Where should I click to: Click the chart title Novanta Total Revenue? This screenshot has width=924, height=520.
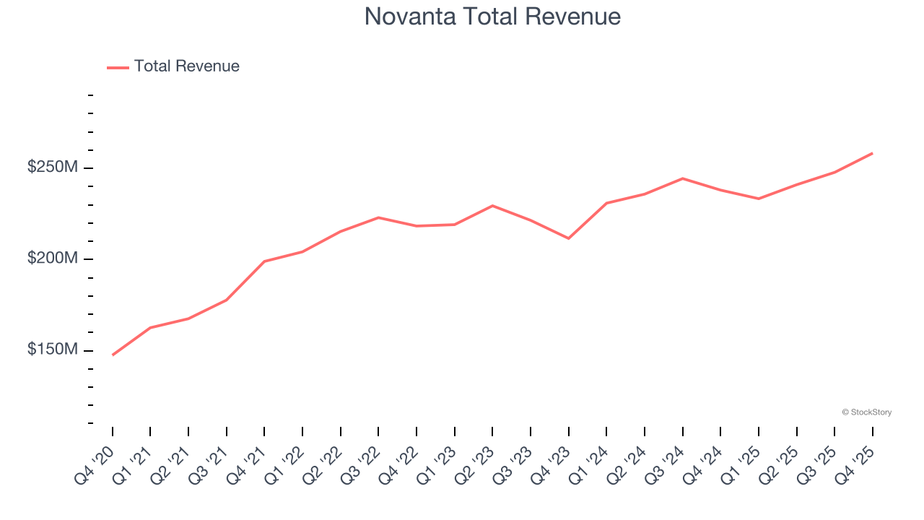pyautogui.click(x=492, y=16)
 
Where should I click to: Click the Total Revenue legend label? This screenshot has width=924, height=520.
pyautogui.click(x=186, y=66)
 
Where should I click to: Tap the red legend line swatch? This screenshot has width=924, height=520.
pyautogui.click(x=118, y=67)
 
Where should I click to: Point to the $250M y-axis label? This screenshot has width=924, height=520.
pyautogui.click(x=52, y=168)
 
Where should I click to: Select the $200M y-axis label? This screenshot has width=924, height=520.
pyautogui.click(x=52, y=259)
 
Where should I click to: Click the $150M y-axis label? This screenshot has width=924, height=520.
pyautogui.click(x=52, y=350)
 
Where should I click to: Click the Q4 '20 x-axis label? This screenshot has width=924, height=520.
pyautogui.click(x=94, y=464)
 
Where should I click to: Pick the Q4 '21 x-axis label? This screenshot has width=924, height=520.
pyautogui.click(x=246, y=464)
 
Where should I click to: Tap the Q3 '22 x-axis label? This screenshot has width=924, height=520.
pyautogui.click(x=360, y=464)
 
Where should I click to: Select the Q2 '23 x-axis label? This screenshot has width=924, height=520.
pyautogui.click(x=474, y=464)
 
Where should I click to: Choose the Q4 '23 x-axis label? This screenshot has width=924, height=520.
pyautogui.click(x=550, y=464)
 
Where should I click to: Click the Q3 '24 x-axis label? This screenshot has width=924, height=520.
pyautogui.click(x=664, y=464)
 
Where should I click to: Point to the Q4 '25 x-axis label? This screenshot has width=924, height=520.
pyautogui.click(x=854, y=464)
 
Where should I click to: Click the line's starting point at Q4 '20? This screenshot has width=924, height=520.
pyautogui.click(x=113, y=355)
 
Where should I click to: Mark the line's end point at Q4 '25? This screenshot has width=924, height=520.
pyautogui.click(x=872, y=153)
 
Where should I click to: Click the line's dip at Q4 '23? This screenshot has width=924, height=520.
pyautogui.click(x=569, y=238)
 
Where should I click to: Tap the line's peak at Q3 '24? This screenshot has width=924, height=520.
pyautogui.click(x=683, y=178)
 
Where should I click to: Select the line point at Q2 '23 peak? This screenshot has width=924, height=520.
pyautogui.click(x=492, y=206)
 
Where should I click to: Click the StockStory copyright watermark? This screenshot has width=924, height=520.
pyautogui.click(x=866, y=412)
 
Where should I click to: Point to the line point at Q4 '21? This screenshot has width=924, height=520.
pyautogui.click(x=264, y=261)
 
